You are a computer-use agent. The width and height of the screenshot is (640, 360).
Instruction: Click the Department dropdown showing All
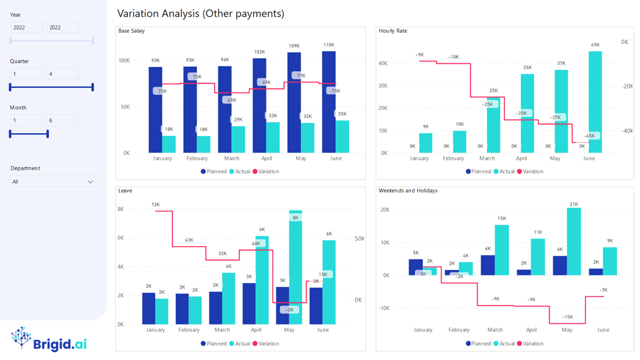point(52,181)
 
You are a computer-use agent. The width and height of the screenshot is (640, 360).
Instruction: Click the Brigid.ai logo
point(49,339)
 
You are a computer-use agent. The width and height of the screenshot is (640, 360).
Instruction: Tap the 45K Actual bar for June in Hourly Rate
point(595,102)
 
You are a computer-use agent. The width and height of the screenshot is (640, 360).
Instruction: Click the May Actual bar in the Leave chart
point(296,268)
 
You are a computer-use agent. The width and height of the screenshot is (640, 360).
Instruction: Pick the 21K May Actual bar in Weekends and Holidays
point(574,241)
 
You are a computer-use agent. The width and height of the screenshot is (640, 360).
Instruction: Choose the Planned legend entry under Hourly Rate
point(478,172)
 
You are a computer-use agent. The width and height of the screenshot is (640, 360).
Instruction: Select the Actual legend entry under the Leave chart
point(240,344)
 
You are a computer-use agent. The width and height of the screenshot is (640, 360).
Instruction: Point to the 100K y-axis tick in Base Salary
point(124,60)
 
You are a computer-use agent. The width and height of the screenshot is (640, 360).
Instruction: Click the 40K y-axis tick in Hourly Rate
point(383,63)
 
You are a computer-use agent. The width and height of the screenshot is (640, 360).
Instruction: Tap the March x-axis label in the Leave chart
point(222,330)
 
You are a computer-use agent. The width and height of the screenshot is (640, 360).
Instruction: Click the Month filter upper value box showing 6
point(62,120)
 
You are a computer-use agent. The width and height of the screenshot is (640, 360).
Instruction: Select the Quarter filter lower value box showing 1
point(26,74)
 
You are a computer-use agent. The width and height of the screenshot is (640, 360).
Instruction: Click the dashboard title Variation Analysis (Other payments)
point(201,13)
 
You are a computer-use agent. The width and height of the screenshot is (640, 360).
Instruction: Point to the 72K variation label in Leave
point(155,205)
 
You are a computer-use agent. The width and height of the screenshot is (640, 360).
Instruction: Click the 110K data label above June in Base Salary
point(329,45)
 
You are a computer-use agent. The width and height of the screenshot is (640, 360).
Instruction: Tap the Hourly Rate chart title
point(393,31)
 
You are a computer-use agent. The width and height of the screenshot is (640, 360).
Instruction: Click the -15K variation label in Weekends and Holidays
point(567,317)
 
